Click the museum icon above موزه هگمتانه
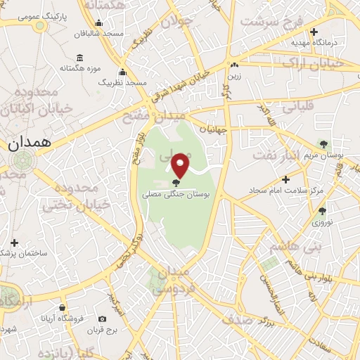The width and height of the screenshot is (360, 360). (79, 57)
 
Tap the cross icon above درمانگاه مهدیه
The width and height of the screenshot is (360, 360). (314, 32)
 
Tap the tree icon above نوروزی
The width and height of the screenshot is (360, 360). (322, 211)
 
